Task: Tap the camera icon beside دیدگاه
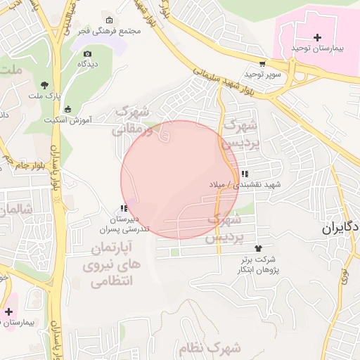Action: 87,53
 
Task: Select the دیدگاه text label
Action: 86,64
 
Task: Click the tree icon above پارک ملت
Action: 44,84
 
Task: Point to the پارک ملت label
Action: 44,94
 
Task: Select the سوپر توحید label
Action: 263,74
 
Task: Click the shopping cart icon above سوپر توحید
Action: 262,63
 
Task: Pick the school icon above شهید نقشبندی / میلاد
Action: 244,174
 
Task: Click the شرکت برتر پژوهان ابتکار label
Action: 259,265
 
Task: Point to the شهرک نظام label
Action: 215,347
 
